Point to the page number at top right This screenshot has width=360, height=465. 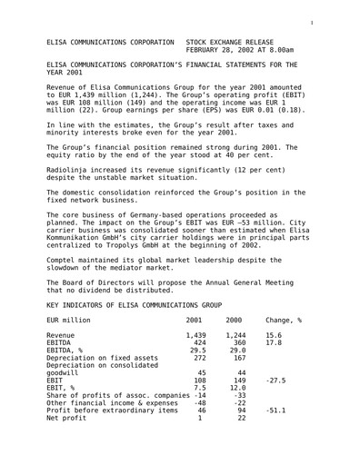pos(337,13)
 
